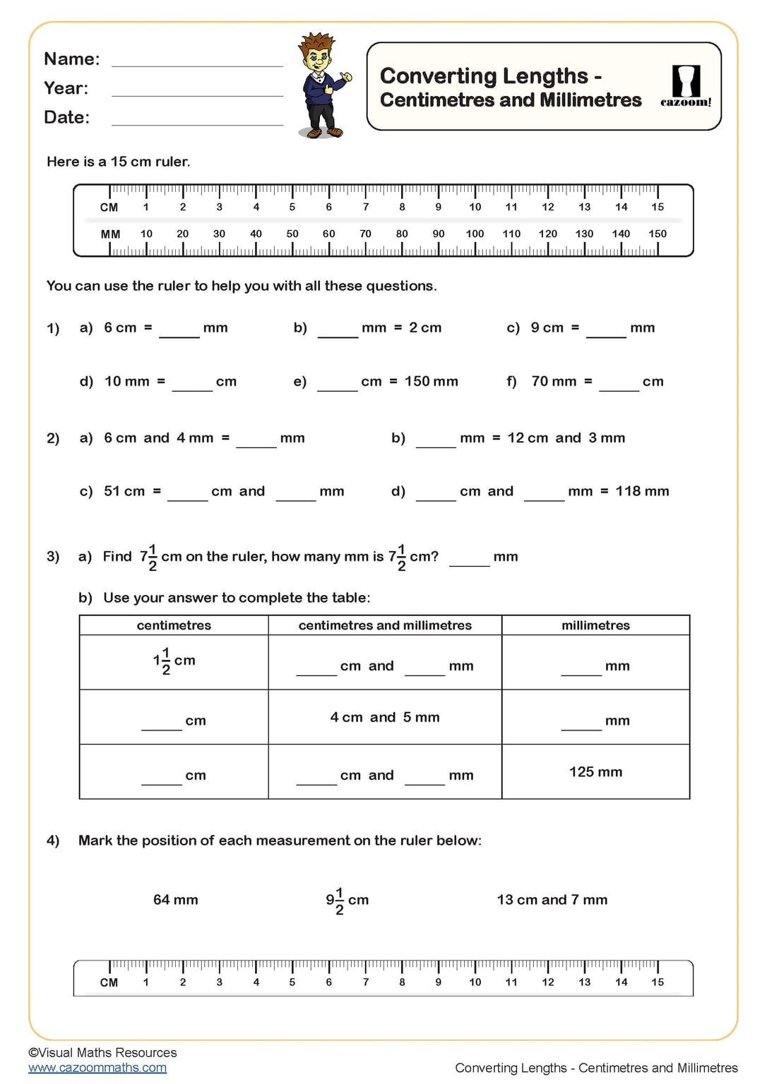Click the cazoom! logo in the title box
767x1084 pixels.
click(685, 86)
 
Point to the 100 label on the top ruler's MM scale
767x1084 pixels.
click(475, 234)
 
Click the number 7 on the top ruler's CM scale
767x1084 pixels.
click(365, 207)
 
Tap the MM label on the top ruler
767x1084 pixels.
click(110, 234)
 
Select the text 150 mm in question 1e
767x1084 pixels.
click(431, 382)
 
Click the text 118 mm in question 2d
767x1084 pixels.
click(642, 491)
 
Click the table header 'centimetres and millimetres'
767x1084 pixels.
click(385, 625)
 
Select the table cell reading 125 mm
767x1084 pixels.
click(595, 772)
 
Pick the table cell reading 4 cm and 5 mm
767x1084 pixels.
click(385, 718)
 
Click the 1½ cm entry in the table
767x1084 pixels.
click(174, 661)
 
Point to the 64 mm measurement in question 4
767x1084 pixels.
click(176, 900)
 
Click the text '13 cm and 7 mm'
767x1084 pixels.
click(552, 900)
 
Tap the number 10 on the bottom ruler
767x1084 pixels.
click(475, 982)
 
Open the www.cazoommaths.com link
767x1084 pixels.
click(97, 1068)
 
